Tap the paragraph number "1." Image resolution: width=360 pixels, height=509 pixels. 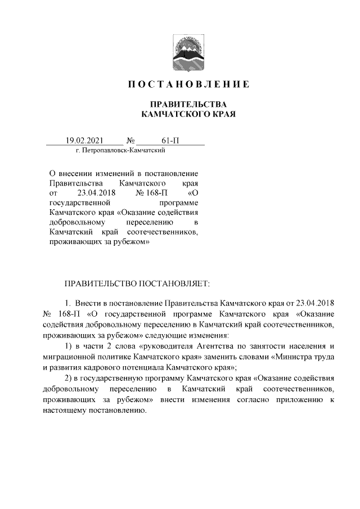(x=69, y=302)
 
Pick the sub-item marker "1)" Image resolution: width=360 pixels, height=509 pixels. (x=69, y=345)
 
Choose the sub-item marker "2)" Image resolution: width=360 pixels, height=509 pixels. (x=69, y=377)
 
